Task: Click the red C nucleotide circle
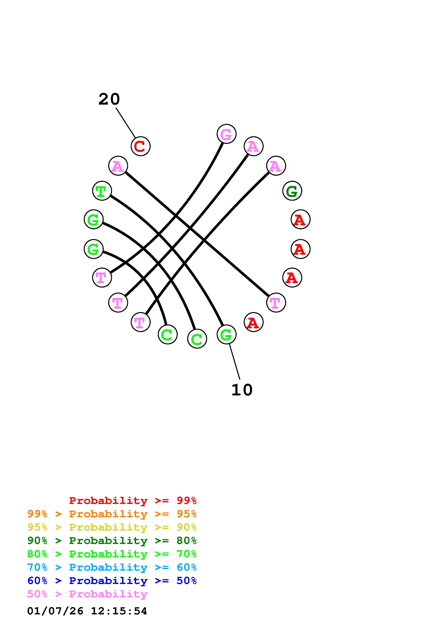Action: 141,146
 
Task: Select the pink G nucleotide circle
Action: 226,134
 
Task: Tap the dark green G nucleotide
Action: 292,191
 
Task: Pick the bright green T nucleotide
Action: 102,191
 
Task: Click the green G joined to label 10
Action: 226,334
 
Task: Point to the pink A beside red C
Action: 118,166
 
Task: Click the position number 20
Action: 109,99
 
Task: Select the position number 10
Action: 242,390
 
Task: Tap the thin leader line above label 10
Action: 234,361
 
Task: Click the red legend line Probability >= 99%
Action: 133,501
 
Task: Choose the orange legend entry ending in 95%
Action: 112,514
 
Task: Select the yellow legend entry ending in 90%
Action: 112,527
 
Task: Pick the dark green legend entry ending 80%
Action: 112,541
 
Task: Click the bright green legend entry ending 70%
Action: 112,554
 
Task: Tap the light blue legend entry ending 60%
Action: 112,567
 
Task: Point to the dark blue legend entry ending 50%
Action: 112,581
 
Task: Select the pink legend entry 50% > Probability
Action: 87,594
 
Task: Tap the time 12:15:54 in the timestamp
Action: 119,611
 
